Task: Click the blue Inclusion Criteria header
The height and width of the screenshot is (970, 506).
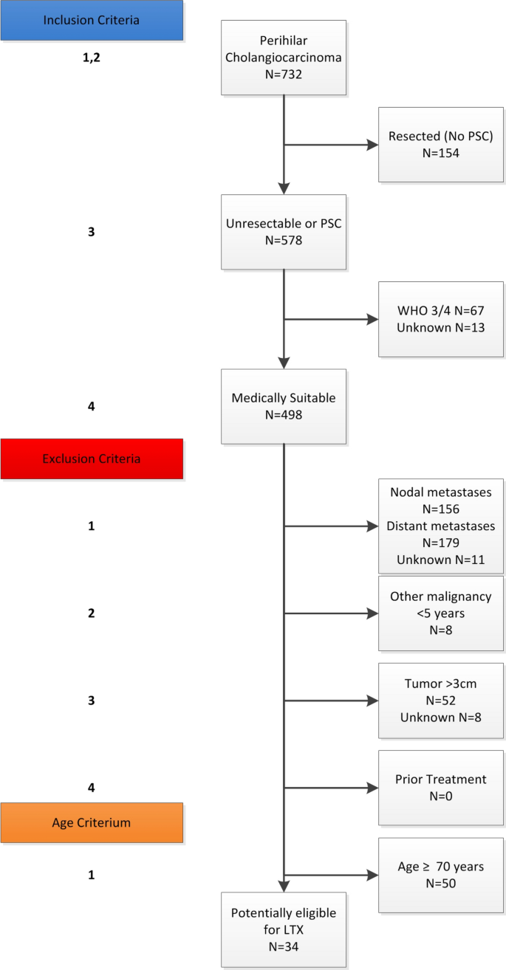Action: pos(91,20)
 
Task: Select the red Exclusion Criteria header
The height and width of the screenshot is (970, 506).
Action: pos(91,458)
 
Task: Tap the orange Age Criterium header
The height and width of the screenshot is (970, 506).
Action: pos(91,823)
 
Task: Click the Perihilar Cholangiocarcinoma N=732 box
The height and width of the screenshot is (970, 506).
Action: pos(284,58)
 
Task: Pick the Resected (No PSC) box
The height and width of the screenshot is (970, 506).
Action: pos(440,145)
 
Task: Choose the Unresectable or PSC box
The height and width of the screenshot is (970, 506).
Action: pos(284,232)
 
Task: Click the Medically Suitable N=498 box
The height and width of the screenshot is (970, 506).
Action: pos(284,406)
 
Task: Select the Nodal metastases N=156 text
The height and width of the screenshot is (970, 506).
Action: pos(440,501)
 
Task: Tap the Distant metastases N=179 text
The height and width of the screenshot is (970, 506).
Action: pos(440,534)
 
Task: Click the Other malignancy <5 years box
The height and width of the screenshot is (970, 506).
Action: pos(440,613)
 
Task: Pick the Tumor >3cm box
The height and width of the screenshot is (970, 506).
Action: pos(440,701)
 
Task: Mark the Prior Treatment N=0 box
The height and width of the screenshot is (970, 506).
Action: pos(440,788)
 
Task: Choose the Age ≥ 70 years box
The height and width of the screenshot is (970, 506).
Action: pos(440,875)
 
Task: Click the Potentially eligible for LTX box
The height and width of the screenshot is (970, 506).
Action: pos(284,929)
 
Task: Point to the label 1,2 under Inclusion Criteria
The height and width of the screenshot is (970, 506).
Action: pos(91,58)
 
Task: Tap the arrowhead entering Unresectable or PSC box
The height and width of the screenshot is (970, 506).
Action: pos(284,188)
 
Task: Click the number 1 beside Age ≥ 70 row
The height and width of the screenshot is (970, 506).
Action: pos(91,875)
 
